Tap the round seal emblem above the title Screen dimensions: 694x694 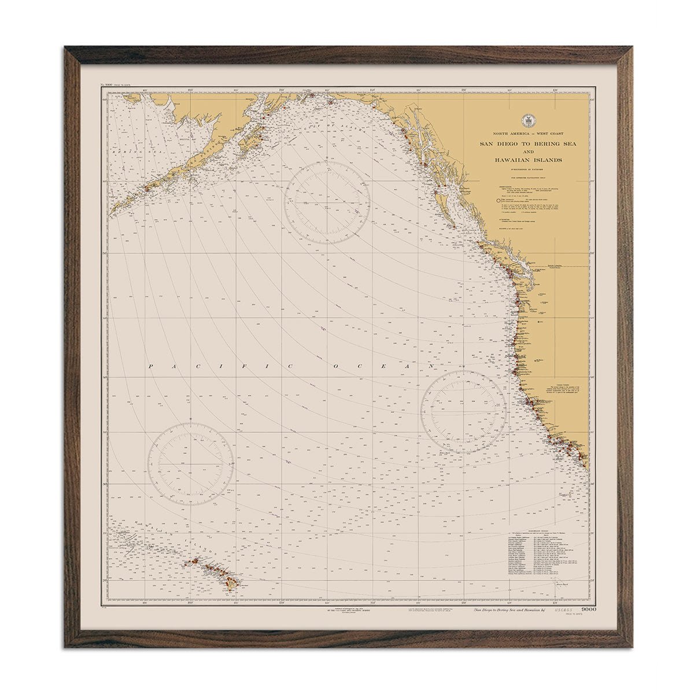click(x=527, y=121)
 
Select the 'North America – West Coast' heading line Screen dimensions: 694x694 click(x=527, y=134)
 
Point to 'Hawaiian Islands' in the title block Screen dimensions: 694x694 click(x=527, y=160)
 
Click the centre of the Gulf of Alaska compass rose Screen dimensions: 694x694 click(x=327, y=202)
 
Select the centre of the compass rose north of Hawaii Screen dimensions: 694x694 click(x=191, y=464)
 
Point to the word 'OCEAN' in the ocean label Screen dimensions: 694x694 click(x=382, y=367)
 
